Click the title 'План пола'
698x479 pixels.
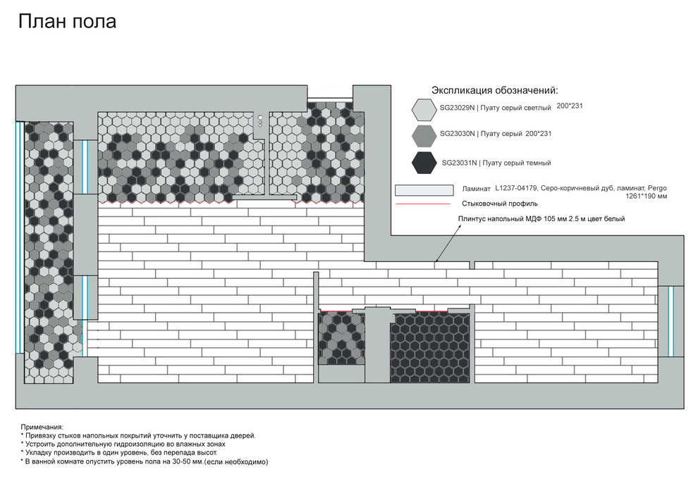pyautogui.click(x=67, y=21)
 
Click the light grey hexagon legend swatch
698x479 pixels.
pyautogui.click(x=424, y=110)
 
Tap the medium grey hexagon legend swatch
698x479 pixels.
pyautogui.click(x=424, y=136)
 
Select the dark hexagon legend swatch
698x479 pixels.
pyautogui.click(x=424, y=162)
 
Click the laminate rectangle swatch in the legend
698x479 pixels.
pyautogui.click(x=424, y=190)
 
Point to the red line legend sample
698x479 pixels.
pyautogui.click(x=423, y=204)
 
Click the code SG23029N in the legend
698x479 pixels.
pyautogui.click(x=457, y=108)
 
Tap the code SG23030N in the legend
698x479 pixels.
pyautogui.click(x=457, y=133)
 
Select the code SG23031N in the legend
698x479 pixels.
pyautogui.click(x=459, y=163)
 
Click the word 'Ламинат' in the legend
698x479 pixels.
pyautogui.click(x=476, y=189)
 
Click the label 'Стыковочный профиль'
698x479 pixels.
pyautogui.click(x=499, y=204)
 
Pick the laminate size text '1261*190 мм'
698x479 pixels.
pyautogui.click(x=646, y=196)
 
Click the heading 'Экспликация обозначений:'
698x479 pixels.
pyautogui.click(x=494, y=90)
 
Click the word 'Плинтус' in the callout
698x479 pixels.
pyautogui.click(x=472, y=219)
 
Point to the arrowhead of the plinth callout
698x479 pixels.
pyautogui.click(x=436, y=261)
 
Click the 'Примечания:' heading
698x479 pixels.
pyautogui.click(x=42, y=427)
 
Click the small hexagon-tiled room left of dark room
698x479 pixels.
pyautogui.click(x=341, y=338)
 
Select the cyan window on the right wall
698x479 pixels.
pyautogui.click(x=671, y=321)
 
